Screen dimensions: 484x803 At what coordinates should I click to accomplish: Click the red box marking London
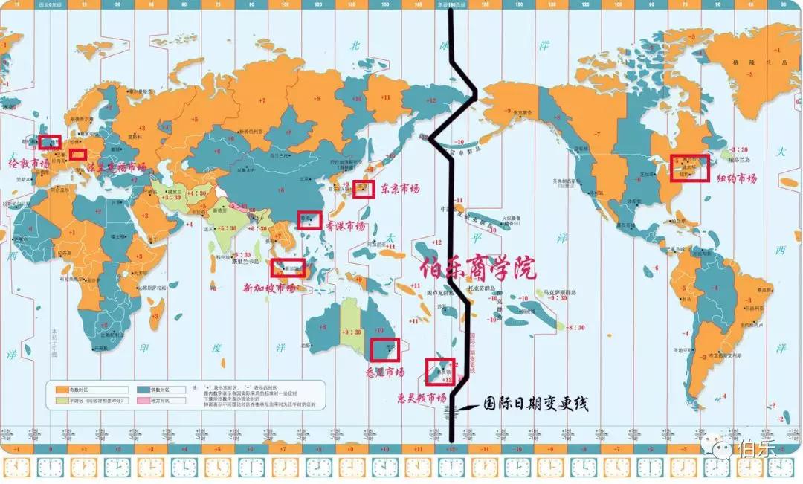pyautogui.click(x=50, y=142)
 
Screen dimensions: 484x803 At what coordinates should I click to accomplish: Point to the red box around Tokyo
pyautogui.click(x=364, y=188)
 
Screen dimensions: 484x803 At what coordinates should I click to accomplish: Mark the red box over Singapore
pyautogui.click(x=288, y=268)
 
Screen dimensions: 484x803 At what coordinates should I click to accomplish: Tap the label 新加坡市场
pyautogui.click(x=269, y=288)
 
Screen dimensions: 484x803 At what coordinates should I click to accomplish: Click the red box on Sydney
pyautogui.click(x=385, y=348)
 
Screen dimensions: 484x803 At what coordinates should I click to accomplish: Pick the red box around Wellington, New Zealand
pyautogui.click(x=440, y=370)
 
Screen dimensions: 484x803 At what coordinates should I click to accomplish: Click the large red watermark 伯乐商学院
pyautogui.click(x=477, y=267)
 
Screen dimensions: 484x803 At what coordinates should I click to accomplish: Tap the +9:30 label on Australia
pyautogui.click(x=350, y=332)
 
